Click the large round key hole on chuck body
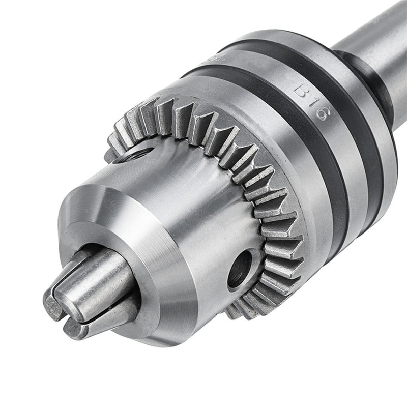240,268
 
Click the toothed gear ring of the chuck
244,168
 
